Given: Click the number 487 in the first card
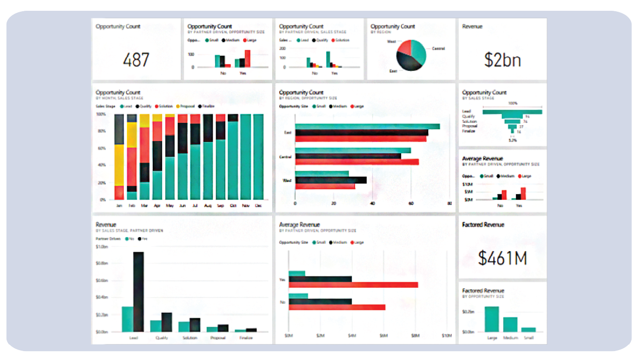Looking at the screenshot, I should click(136, 60).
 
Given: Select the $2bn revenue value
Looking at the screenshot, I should click(502, 60).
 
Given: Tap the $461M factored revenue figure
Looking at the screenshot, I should click(502, 258).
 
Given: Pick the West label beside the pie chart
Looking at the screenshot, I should click(392, 42).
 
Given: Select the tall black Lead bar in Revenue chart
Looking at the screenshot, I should click(138, 292).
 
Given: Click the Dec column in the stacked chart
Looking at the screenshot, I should click(258, 157).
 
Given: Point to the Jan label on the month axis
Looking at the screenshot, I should click(119, 205).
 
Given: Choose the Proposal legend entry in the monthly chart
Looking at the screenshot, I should click(187, 106).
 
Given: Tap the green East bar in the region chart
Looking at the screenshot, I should click(367, 127).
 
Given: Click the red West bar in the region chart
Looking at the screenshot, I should click(325, 186).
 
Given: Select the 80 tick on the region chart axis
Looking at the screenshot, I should click(449, 203).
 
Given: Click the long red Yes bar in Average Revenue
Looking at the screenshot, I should click(353, 285).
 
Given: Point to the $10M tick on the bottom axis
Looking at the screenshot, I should click(447, 336).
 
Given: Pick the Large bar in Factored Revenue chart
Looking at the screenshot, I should click(491, 319).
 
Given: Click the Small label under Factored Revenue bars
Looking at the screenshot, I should click(528, 337).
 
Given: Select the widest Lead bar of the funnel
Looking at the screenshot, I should click(512, 112).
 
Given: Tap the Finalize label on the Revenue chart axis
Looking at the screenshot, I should click(246, 337).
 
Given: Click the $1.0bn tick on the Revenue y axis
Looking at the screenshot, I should click(102, 247).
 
